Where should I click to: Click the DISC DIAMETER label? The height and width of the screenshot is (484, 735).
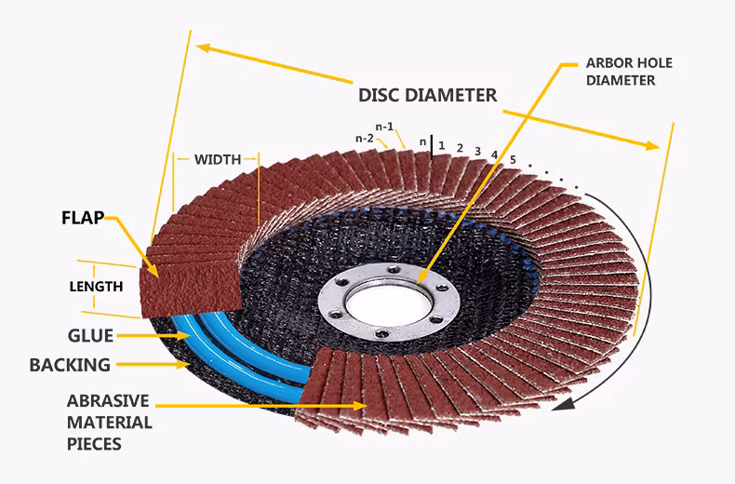[427, 95]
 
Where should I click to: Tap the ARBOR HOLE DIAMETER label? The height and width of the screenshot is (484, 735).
[628, 72]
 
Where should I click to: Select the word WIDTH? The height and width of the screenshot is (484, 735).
[217, 159]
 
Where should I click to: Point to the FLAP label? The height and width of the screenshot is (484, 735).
[81, 220]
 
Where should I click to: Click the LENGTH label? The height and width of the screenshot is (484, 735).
[96, 287]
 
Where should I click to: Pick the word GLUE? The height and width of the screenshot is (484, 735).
[90, 336]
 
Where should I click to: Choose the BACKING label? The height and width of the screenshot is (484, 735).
[70, 365]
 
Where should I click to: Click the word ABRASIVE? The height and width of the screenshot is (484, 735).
[108, 401]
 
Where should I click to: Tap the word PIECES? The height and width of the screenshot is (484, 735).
[94, 444]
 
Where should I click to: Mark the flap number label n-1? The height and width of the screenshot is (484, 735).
[385, 126]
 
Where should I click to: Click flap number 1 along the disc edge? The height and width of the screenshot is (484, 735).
[442, 145]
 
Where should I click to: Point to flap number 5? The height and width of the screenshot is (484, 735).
[513, 160]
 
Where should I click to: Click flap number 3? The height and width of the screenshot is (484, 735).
[477, 151]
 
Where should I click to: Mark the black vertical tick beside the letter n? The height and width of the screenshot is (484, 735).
[432, 144]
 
